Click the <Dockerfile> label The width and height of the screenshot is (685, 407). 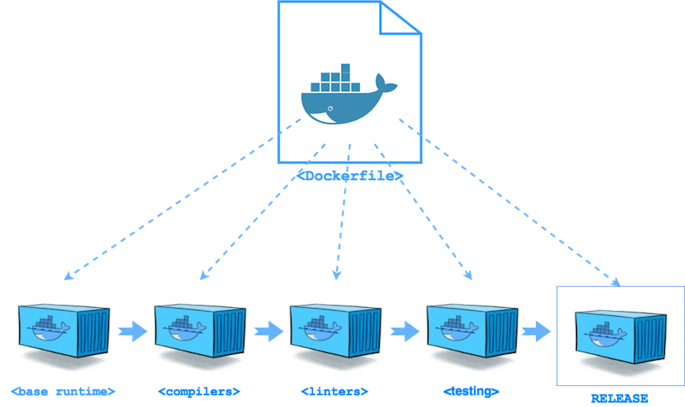[349, 176]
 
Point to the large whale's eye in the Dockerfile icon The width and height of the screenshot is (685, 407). [331, 107]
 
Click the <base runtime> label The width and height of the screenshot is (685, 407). [64, 390]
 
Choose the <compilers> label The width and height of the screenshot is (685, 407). [200, 390]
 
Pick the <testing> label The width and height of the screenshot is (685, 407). [472, 390]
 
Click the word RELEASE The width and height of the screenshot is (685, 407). [620, 398]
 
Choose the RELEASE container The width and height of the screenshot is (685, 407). [619, 335]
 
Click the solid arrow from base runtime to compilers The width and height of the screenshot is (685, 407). [131, 331]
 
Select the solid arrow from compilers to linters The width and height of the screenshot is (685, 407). [268, 331]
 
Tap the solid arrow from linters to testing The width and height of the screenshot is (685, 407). [404, 331]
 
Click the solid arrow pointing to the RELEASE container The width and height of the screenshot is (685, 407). [537, 331]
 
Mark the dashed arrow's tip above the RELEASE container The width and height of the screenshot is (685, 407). [618, 282]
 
